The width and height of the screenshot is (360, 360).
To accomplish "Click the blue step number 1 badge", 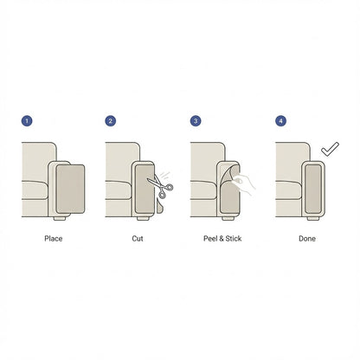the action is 27,120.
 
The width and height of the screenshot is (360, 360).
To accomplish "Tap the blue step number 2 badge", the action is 111,120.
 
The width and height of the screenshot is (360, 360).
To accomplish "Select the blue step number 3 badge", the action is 196,120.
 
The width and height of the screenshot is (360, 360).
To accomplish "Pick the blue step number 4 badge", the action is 281,120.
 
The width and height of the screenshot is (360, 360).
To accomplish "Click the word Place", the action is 54,239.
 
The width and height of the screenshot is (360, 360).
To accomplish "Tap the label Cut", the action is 138,239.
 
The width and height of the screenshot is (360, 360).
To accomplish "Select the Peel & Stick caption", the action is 222,239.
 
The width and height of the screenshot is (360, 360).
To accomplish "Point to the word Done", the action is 307,239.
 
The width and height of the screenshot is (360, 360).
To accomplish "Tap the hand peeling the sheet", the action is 244,183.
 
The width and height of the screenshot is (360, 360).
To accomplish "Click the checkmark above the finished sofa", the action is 330,149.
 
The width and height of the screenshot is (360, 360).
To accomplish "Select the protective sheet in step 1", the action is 70,189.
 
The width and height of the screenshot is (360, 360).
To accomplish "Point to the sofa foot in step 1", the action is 60,219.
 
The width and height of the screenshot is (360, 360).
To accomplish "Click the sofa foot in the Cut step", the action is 143,219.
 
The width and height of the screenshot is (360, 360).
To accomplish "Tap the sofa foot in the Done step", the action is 313,219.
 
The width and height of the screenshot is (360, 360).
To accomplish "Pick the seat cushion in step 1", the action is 35,190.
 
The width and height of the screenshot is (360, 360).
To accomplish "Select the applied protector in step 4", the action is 313,189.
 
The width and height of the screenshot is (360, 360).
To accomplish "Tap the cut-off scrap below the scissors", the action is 159,205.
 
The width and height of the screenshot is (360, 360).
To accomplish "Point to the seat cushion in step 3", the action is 203,190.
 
